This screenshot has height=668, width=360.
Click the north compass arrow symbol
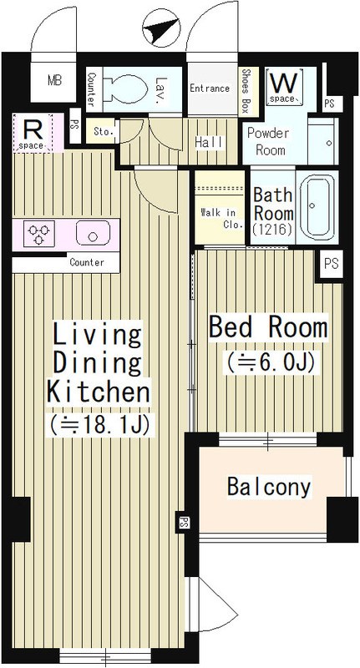(161, 28)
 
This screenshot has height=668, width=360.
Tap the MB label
(54, 80)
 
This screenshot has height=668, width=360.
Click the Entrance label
(210, 89)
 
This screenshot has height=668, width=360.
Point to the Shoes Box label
(246, 91)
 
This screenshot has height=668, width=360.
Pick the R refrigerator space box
(33, 133)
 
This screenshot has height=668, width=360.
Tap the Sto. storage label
(104, 132)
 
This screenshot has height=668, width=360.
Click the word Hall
(209, 143)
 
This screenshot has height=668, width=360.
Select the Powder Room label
(267, 141)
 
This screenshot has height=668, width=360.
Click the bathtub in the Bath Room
(314, 207)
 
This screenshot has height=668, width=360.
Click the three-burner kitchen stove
(38, 234)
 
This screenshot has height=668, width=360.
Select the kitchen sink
(93, 233)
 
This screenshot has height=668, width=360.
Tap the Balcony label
(269, 487)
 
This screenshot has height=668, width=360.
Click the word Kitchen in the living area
(99, 392)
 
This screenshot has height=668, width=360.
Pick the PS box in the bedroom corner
(331, 264)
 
